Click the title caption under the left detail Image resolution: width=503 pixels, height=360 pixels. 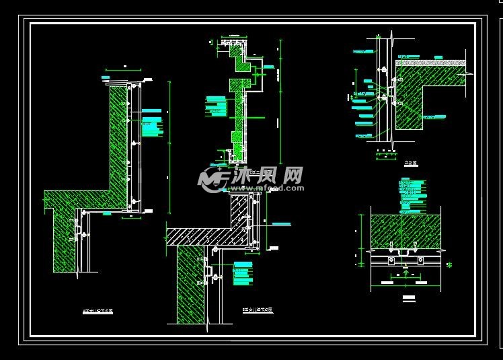pyautogui.click(x=97, y=311)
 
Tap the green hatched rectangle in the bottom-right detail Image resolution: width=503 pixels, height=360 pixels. pyautogui.click(x=403, y=231)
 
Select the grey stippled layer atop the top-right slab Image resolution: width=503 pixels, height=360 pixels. pyautogui.click(x=430, y=62)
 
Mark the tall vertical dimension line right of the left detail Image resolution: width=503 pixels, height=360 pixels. pyautogui.click(x=169, y=148)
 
